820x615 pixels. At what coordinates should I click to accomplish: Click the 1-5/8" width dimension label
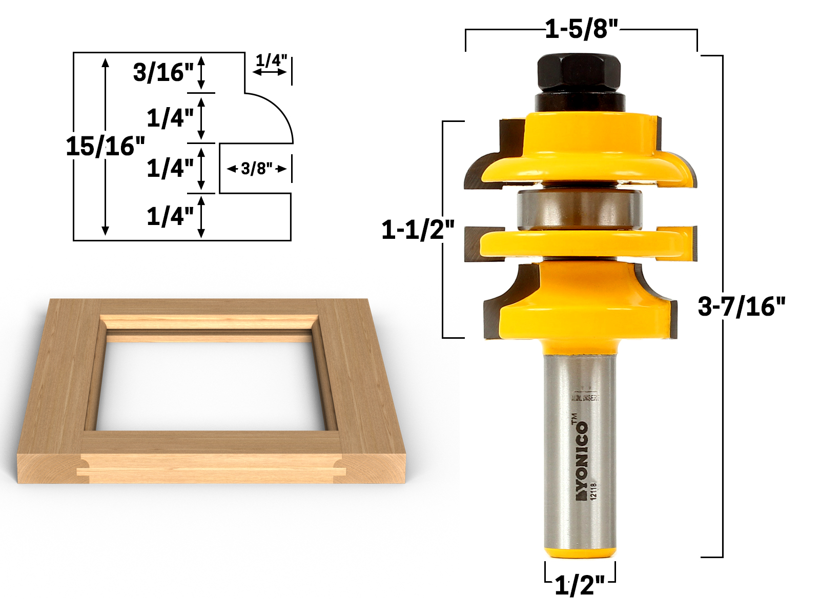coord(581,29)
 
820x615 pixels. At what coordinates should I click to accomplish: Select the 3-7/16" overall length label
coord(741,306)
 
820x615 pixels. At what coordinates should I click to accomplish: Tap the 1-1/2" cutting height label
coord(418,230)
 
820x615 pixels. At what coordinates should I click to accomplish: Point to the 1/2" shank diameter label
coord(580,585)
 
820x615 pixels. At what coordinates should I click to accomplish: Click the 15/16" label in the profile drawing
coord(105,147)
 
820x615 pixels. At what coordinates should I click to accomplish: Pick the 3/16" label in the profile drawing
coord(163,72)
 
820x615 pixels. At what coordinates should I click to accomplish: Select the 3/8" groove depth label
coord(256,169)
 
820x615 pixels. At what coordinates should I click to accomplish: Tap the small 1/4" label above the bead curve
coord(271,60)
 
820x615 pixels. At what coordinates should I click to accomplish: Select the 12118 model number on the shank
coord(594,491)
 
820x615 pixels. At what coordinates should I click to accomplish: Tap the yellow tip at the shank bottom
coord(580,552)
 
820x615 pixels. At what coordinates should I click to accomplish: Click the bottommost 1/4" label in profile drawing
coord(170,216)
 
